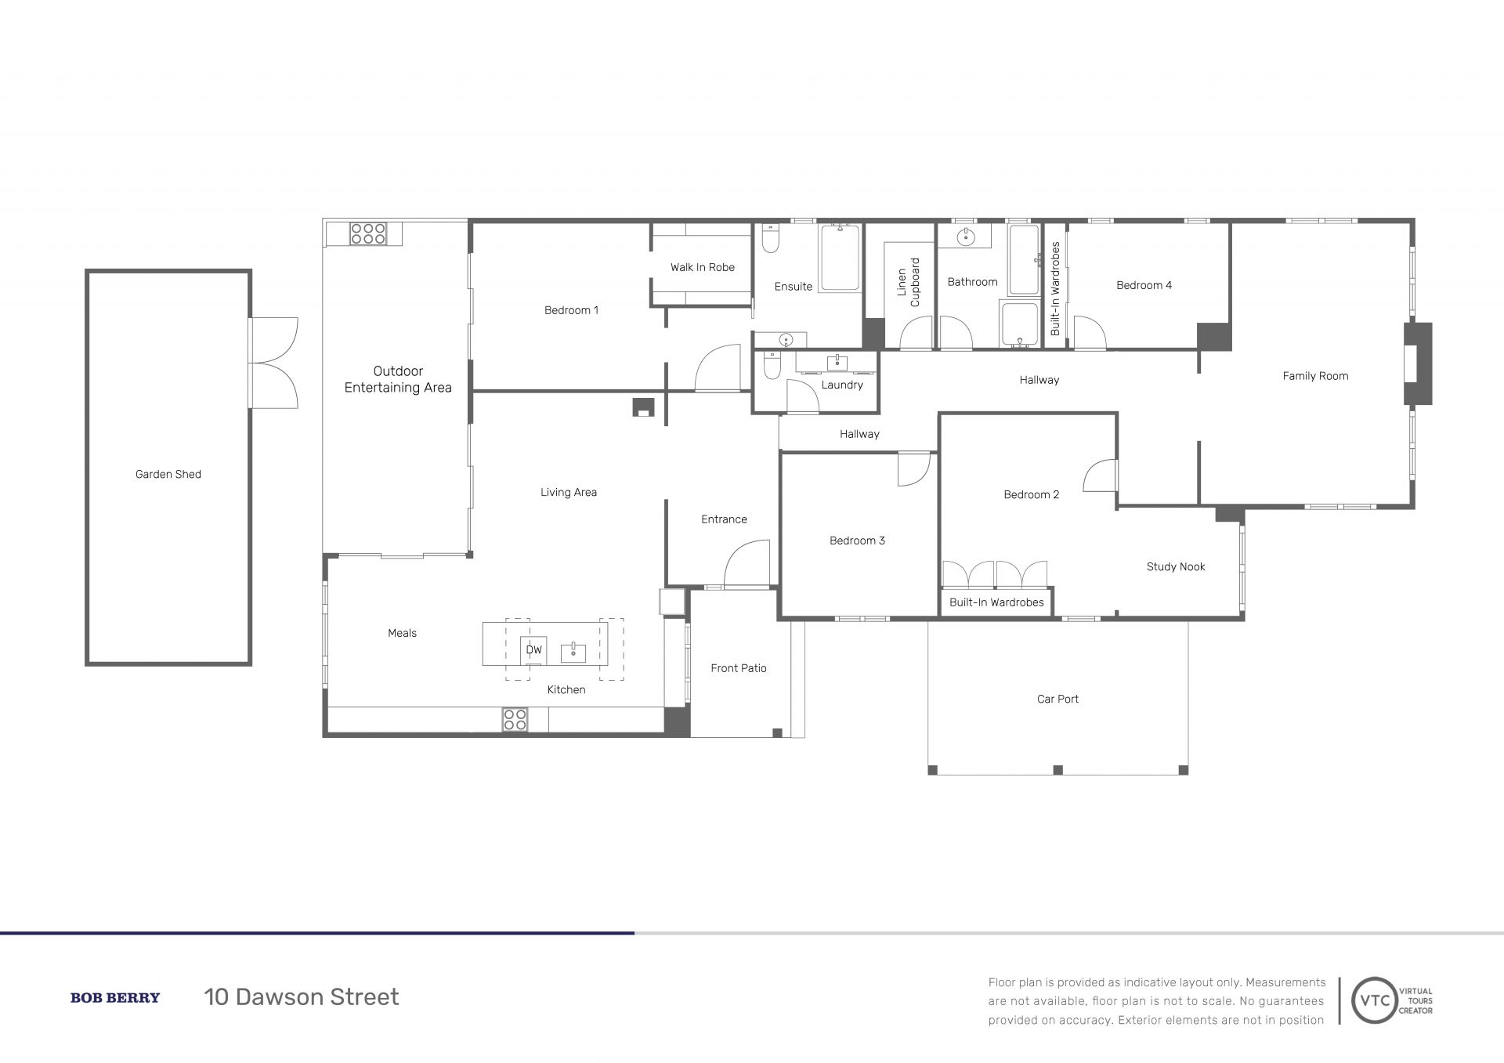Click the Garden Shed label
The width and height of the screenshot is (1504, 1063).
tap(168, 474)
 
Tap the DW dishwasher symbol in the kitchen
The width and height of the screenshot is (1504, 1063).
tap(533, 650)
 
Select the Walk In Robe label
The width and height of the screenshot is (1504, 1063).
tap(703, 267)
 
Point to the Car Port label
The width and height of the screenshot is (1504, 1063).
tap(1057, 699)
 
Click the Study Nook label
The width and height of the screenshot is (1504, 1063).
tap(1176, 566)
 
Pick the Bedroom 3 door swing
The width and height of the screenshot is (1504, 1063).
tap(913, 469)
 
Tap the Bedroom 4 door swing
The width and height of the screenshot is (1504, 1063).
tap(1089, 332)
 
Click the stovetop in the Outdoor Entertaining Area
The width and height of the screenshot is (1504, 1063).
tap(367, 233)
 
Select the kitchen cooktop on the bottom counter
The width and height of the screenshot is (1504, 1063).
tap(515, 720)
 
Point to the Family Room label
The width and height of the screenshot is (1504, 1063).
tap(1315, 376)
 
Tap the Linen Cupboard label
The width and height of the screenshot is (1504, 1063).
tap(909, 282)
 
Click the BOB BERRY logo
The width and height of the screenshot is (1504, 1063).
tap(115, 997)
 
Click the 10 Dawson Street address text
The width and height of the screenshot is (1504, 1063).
tap(302, 997)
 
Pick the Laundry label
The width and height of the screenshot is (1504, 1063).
tap(842, 385)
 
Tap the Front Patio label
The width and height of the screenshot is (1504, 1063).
tap(739, 668)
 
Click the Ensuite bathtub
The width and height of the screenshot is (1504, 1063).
tap(841, 258)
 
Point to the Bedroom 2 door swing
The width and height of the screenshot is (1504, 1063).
tap(1099, 475)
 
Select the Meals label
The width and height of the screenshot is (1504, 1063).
tap(403, 633)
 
